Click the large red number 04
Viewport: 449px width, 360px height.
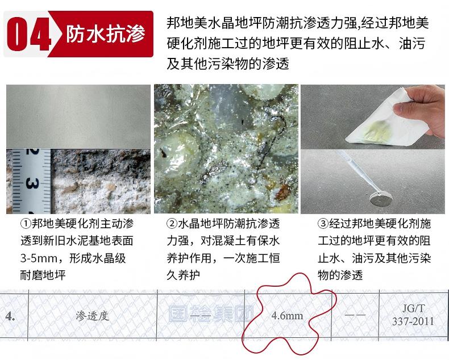coord(29,34)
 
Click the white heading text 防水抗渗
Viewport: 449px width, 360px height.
coord(106,34)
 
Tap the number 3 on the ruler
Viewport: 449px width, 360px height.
coord(32,183)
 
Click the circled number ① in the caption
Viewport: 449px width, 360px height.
coord(25,224)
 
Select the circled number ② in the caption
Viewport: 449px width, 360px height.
coord(172,224)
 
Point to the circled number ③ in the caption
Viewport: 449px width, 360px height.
coord(323,224)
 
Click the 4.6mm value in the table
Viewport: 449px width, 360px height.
coord(287,316)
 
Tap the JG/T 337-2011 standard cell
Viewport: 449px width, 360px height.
coord(413,315)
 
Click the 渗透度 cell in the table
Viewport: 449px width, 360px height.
coord(93,316)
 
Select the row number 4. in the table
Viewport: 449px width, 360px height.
coord(10,316)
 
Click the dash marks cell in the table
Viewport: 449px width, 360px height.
coord(355,315)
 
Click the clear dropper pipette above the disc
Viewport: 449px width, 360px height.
coord(358,171)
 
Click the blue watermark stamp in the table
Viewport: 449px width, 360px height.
coord(211,314)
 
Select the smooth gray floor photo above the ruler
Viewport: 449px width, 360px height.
coord(78,116)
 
